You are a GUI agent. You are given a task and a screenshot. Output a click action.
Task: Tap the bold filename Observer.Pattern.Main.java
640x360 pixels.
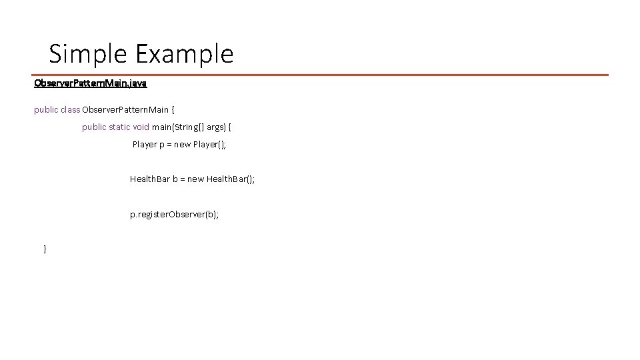(x=91, y=83)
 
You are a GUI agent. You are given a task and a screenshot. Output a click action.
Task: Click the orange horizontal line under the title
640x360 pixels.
(x=320, y=75)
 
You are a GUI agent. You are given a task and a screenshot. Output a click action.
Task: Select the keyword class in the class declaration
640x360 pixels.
(x=70, y=109)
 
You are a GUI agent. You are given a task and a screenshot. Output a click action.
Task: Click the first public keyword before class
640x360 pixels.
(x=46, y=109)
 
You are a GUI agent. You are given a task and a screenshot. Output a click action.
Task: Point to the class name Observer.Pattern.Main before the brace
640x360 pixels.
(x=125, y=109)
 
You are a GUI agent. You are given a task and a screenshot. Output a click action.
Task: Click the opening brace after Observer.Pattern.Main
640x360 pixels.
(x=173, y=109)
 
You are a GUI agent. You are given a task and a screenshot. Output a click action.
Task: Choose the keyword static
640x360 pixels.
(x=119, y=127)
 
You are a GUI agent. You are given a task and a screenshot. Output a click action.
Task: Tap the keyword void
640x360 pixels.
(x=141, y=127)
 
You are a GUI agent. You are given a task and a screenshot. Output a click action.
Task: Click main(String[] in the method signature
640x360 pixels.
(x=175, y=127)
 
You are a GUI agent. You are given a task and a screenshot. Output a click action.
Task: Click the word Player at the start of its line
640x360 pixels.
(x=145, y=144)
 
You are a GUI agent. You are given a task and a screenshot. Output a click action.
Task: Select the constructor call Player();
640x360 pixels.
(x=209, y=144)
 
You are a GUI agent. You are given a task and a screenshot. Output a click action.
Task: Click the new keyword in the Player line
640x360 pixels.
(x=182, y=144)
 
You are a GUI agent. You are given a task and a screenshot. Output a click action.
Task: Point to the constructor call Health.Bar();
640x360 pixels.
(x=231, y=179)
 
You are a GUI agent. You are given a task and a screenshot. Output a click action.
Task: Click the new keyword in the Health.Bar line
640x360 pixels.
(x=196, y=179)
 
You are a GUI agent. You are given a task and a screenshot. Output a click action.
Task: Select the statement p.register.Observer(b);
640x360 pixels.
(x=174, y=215)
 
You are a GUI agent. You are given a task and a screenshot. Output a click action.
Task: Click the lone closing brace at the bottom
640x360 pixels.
(x=45, y=249)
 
